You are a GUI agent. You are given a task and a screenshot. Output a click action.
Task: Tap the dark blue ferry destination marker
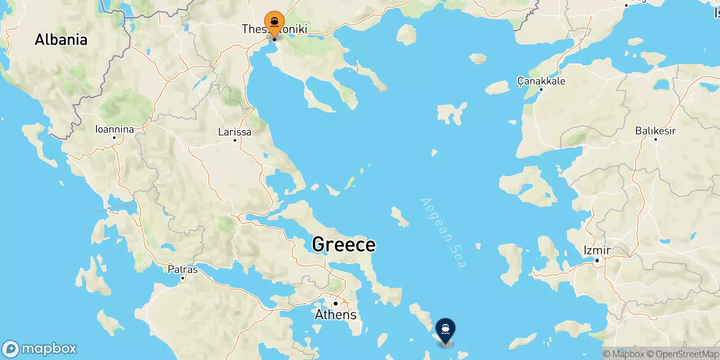click(x=445, y=330)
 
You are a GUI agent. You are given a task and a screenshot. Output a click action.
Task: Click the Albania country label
click(x=61, y=40)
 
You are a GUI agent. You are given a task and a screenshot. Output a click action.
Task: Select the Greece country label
click(x=344, y=245)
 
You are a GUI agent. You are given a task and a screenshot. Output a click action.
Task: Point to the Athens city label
click(x=336, y=315)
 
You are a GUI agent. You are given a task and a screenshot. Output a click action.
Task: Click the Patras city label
click(x=182, y=270)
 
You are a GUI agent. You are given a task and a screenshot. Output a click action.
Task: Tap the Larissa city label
click(x=234, y=132)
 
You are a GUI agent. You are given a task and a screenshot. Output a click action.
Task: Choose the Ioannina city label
click(x=114, y=130)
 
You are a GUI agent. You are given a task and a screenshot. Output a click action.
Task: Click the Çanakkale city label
click(x=541, y=81)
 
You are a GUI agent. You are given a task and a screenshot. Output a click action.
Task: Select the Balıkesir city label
click(x=655, y=131)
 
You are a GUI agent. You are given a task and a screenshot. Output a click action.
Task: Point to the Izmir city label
click(x=597, y=250)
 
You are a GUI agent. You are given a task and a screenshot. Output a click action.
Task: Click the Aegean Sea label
click(x=442, y=233)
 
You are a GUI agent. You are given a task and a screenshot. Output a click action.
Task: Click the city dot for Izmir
click(x=597, y=261)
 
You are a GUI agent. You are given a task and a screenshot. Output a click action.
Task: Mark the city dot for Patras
click(x=182, y=278)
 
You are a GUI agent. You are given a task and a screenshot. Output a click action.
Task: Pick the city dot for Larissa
click(x=234, y=140)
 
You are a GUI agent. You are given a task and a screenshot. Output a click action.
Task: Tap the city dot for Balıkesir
click(x=655, y=139)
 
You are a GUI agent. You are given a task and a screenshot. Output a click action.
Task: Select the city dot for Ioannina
click(x=114, y=138)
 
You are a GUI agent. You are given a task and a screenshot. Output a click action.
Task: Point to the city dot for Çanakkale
click(x=541, y=90)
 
